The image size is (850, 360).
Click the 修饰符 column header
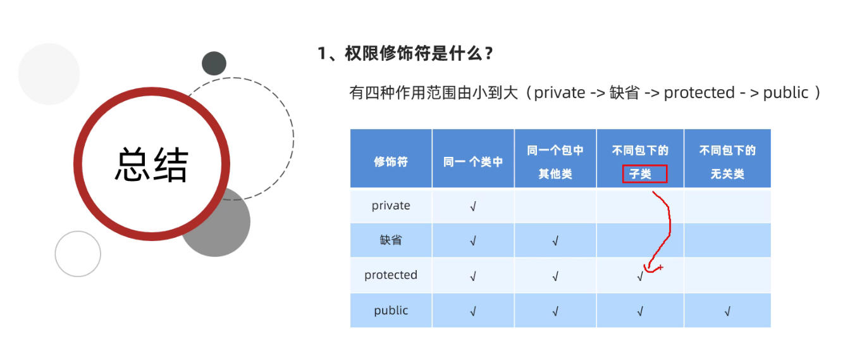[x=391, y=162]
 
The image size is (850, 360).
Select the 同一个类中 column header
[x=473, y=162]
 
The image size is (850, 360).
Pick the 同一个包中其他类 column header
[x=555, y=162]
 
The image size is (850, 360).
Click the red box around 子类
[x=644, y=174]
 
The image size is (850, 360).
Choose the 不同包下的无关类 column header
[x=727, y=162]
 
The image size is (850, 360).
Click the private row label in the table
[x=391, y=206]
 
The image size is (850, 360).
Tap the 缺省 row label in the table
[x=391, y=240]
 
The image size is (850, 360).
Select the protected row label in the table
[x=391, y=275]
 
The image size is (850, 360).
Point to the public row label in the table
[x=391, y=311]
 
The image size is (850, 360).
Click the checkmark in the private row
[x=473, y=206]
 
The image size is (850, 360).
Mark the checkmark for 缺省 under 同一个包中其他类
[x=555, y=241]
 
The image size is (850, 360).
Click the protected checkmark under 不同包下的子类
[x=640, y=276]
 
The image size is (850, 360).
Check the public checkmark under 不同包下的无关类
[x=727, y=311]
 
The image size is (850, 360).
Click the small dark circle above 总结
[x=214, y=63]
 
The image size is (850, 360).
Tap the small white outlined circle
[x=78, y=254]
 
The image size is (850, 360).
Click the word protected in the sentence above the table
[x=699, y=93]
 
